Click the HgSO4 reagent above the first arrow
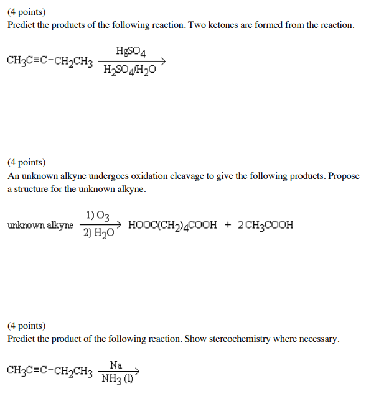(x=130, y=51)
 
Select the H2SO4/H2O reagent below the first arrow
(x=130, y=71)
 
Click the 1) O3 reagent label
(x=99, y=215)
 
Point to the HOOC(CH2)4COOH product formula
(x=173, y=225)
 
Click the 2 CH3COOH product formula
(x=266, y=225)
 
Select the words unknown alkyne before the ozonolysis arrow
(x=40, y=225)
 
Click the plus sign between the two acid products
(x=228, y=225)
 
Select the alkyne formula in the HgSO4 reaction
(x=50, y=61)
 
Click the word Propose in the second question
(x=344, y=176)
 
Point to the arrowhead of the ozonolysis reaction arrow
(x=122, y=224)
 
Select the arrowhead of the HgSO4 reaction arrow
(x=162, y=61)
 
